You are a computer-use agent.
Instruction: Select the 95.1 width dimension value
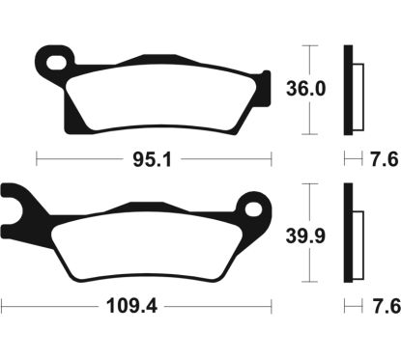(154, 157)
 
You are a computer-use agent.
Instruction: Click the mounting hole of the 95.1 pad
(59, 63)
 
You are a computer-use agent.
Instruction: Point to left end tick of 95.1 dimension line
(36, 157)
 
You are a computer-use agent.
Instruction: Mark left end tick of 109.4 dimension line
(2, 308)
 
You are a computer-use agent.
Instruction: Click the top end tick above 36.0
(309, 44)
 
